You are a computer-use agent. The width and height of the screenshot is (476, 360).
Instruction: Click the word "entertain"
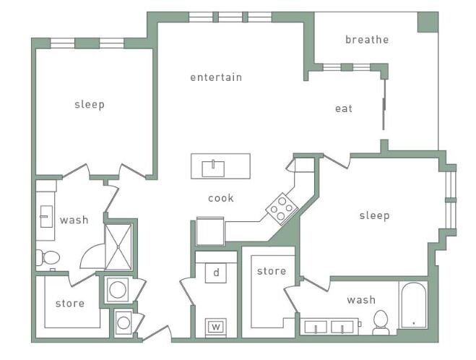[215, 77]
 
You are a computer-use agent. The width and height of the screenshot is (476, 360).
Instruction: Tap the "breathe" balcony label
[366, 40]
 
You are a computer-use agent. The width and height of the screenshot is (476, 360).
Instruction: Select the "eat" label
[344, 108]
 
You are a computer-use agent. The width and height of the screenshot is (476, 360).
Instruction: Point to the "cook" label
[221, 198]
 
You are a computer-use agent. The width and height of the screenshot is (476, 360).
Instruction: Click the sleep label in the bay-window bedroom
[374, 215]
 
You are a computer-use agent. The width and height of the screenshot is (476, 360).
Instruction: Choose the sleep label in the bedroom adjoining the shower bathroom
[90, 105]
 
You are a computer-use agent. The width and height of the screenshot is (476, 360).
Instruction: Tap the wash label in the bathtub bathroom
[360, 300]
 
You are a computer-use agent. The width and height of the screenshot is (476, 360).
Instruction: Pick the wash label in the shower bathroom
[74, 220]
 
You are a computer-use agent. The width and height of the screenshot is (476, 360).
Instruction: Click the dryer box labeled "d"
[215, 273]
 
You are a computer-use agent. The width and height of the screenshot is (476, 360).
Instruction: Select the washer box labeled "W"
[215, 327]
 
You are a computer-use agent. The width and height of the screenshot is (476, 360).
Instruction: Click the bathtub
[413, 305]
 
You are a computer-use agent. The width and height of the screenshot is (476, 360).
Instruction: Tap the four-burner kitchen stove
[282, 210]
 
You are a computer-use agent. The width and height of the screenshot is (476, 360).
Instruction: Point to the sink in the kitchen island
[212, 168]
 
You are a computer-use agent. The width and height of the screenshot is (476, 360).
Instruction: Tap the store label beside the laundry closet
[272, 271]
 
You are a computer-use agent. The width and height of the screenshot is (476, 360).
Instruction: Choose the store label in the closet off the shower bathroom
[70, 304]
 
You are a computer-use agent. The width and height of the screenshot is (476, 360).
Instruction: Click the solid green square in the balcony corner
[427, 22]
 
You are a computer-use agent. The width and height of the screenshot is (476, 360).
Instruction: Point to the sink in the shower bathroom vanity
[46, 215]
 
